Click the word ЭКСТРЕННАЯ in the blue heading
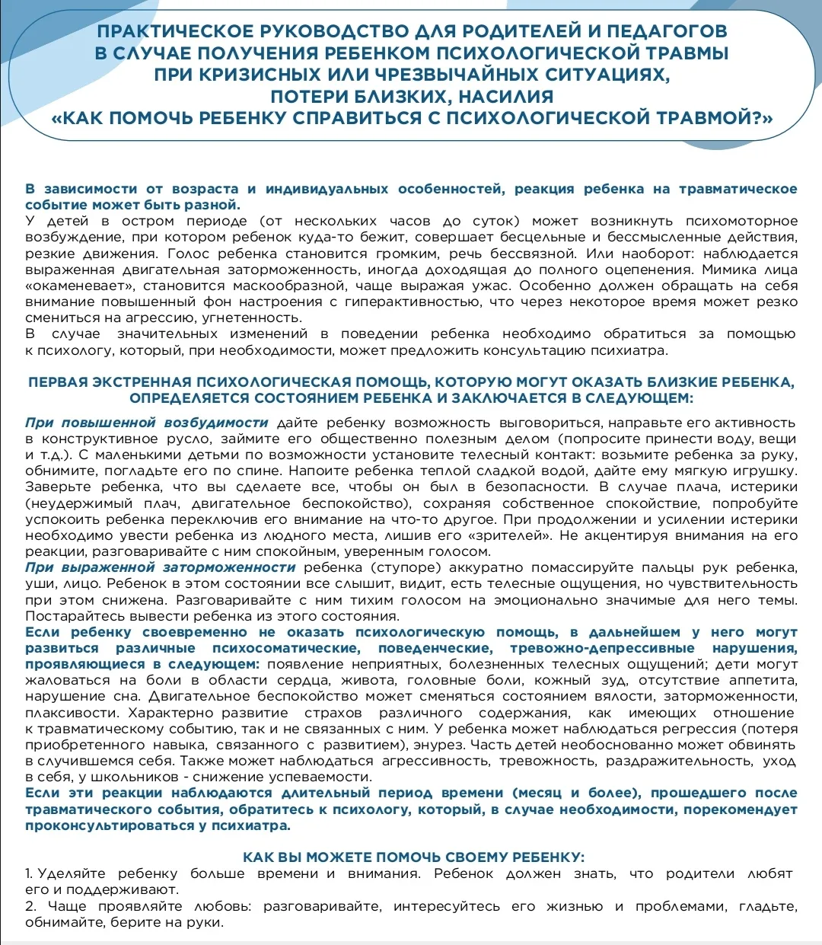(x=142, y=382)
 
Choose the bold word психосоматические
(x=287, y=649)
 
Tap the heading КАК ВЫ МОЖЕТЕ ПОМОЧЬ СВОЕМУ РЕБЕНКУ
(x=413, y=857)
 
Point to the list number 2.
(x=30, y=907)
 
